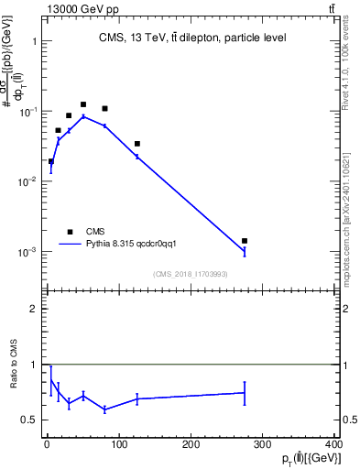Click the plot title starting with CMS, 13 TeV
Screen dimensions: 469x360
click(191, 38)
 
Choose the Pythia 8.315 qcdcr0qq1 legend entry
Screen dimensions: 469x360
click(137, 244)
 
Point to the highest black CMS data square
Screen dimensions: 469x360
click(83, 104)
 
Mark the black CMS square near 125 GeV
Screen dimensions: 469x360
click(136, 144)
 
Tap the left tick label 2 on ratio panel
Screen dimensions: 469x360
click(34, 309)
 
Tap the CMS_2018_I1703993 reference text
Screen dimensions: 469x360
click(191, 274)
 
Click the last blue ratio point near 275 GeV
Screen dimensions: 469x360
click(245, 392)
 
